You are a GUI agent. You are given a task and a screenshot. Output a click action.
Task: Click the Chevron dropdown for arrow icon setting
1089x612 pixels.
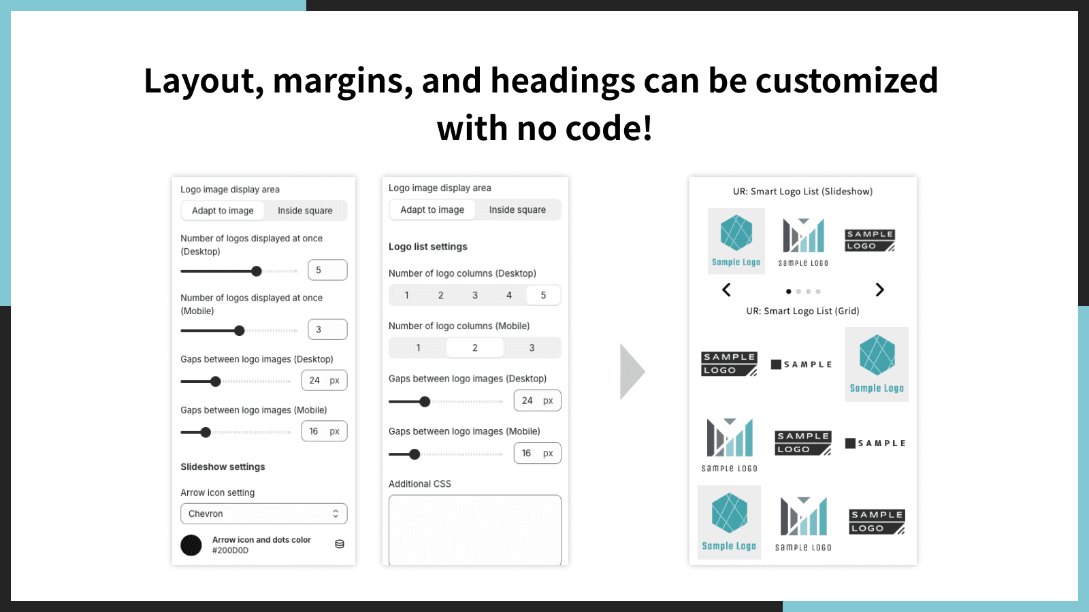[263, 513]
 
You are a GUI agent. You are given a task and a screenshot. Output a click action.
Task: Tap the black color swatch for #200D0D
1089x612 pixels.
[191, 545]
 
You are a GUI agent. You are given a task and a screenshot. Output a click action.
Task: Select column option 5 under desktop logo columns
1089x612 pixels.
[544, 295]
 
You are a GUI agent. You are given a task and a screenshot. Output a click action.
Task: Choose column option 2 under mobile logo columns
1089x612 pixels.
[475, 347]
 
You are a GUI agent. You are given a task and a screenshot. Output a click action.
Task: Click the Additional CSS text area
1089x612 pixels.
[475, 530]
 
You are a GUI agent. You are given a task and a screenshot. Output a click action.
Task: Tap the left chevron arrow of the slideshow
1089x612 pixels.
[726, 290]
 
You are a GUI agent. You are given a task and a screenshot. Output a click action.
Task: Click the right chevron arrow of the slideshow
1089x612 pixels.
[879, 290]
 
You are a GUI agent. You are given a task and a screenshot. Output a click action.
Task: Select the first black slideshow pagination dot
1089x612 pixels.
[789, 292]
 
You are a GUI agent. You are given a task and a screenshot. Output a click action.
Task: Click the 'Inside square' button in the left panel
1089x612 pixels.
[306, 210]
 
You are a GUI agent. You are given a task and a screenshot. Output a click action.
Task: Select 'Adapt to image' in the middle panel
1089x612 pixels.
[432, 209]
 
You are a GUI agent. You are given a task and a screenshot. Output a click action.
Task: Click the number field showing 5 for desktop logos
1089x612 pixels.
[327, 270]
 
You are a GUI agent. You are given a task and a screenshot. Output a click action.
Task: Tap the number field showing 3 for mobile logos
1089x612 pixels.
[327, 329]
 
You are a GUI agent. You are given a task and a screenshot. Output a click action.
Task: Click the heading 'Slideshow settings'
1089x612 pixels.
[223, 466]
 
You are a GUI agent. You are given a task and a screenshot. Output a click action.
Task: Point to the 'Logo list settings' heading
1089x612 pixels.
[428, 247]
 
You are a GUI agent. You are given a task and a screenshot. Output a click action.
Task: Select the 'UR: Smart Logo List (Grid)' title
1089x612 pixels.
[802, 311]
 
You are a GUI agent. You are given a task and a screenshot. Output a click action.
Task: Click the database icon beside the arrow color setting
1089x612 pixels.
[340, 544]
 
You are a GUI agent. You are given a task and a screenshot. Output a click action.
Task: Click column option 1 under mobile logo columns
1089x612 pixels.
[418, 347]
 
